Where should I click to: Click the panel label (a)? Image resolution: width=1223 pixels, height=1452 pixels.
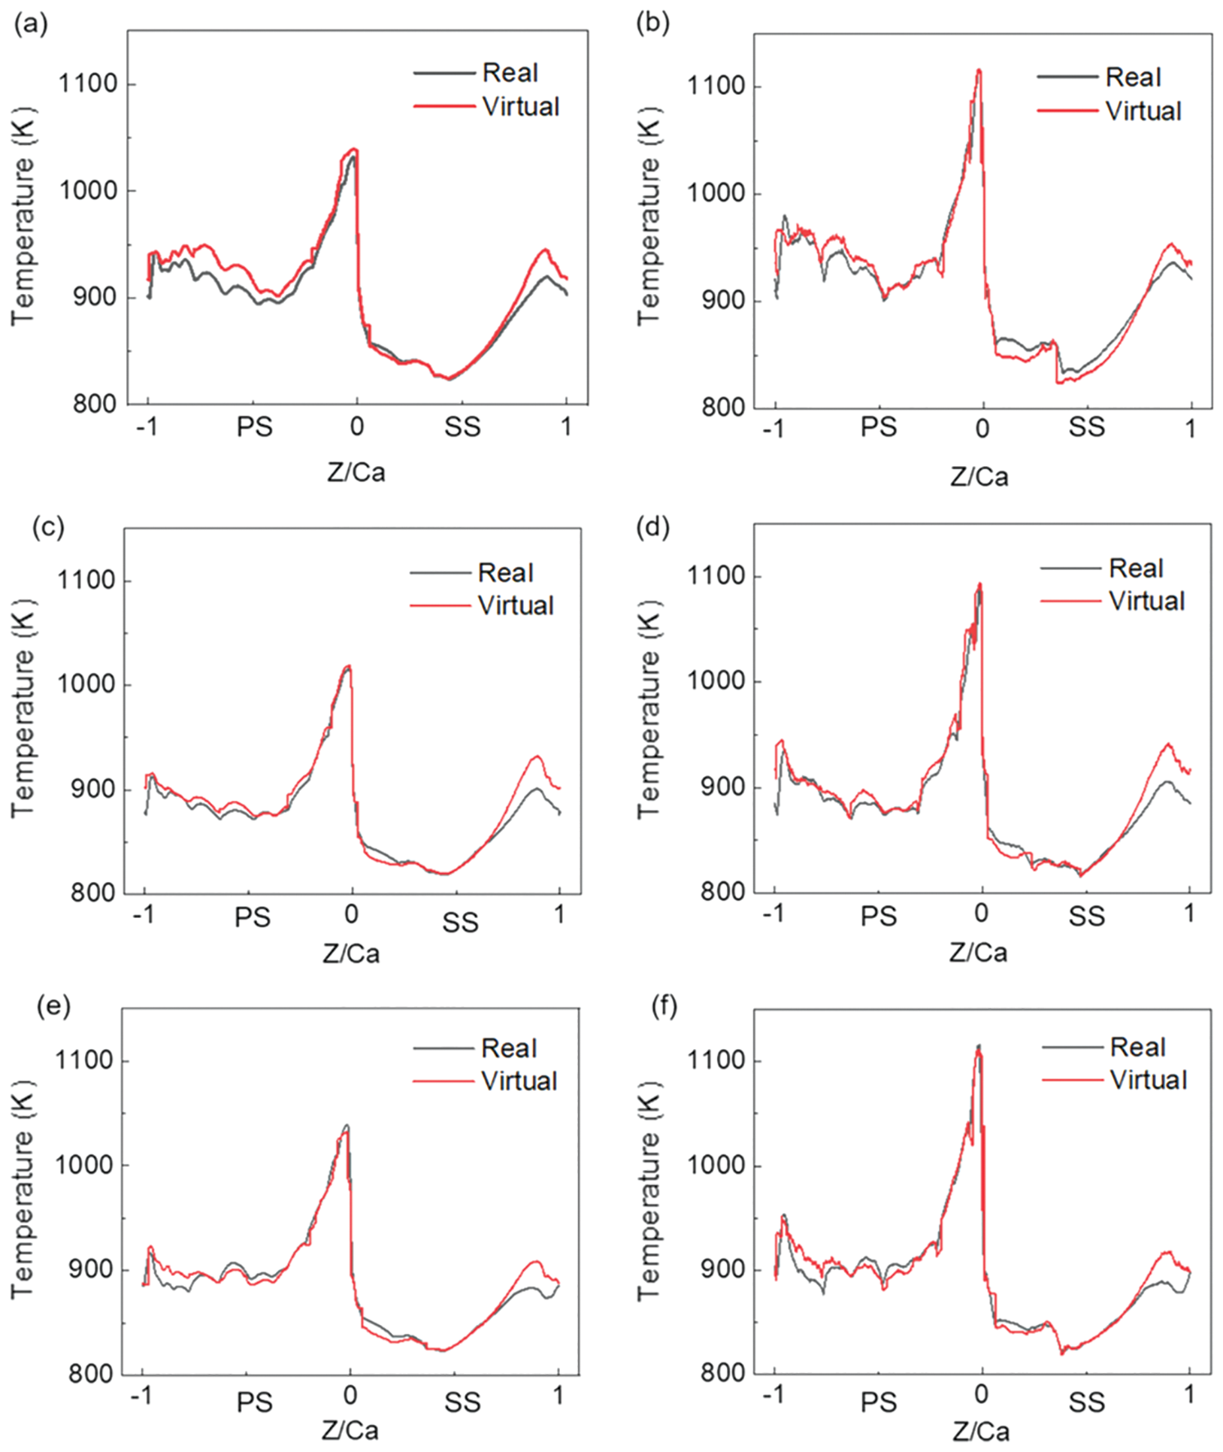30,25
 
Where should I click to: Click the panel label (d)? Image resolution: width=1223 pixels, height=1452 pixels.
652,527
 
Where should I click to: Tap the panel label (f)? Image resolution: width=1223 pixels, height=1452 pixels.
664,1006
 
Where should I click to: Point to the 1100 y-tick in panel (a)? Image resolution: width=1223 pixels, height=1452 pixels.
88,84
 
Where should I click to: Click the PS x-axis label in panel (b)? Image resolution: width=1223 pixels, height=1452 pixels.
878,427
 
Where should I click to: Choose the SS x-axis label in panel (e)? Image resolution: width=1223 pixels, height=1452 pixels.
463,1403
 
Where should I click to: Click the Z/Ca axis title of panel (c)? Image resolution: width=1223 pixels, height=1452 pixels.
351,953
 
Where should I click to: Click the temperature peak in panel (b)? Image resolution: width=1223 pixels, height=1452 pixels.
979,70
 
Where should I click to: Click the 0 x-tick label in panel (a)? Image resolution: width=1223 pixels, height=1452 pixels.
357,426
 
